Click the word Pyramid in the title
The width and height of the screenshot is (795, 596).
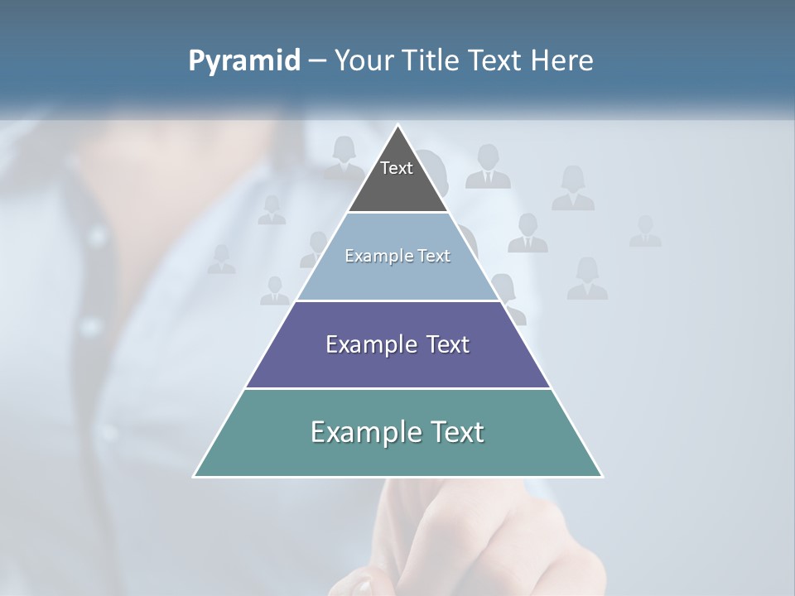(x=244, y=61)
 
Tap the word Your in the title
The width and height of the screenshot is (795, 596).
(x=365, y=61)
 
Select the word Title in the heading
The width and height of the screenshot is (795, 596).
(x=431, y=61)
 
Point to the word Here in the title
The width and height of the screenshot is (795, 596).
(x=562, y=61)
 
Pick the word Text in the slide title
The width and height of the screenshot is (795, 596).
(x=498, y=61)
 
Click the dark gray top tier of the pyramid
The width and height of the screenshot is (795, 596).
(x=397, y=186)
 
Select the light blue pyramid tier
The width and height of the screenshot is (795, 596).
(x=397, y=277)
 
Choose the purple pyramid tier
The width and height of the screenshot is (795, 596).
(x=397, y=364)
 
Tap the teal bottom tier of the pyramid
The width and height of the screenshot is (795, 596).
(x=397, y=455)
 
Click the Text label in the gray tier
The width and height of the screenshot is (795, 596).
(x=397, y=168)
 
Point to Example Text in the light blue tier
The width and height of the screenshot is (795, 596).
(x=397, y=256)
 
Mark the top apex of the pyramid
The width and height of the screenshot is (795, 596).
(x=398, y=126)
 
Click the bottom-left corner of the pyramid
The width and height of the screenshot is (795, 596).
(x=195, y=476)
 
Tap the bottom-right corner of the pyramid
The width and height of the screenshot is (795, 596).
(x=601, y=476)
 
